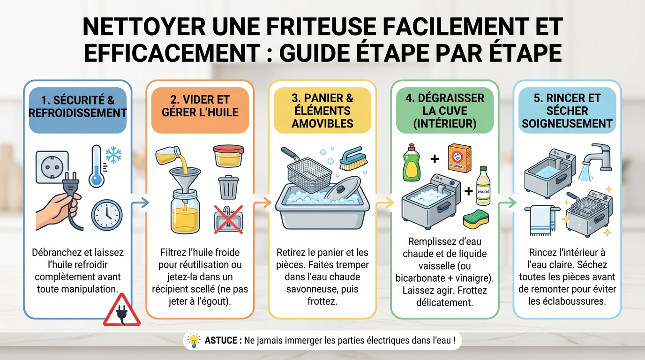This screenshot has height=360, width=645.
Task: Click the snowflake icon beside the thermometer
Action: (x=113, y=156)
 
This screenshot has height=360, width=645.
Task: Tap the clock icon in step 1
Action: (x=106, y=214)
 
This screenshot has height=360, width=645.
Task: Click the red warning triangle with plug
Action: (x=121, y=311)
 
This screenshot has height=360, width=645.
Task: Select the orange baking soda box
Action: (x=458, y=158)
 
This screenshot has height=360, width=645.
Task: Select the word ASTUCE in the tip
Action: (x=220, y=340)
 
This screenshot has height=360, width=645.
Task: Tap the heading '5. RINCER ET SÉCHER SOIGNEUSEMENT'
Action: (x=567, y=111)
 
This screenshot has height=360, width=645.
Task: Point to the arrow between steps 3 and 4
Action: (x=385, y=203)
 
